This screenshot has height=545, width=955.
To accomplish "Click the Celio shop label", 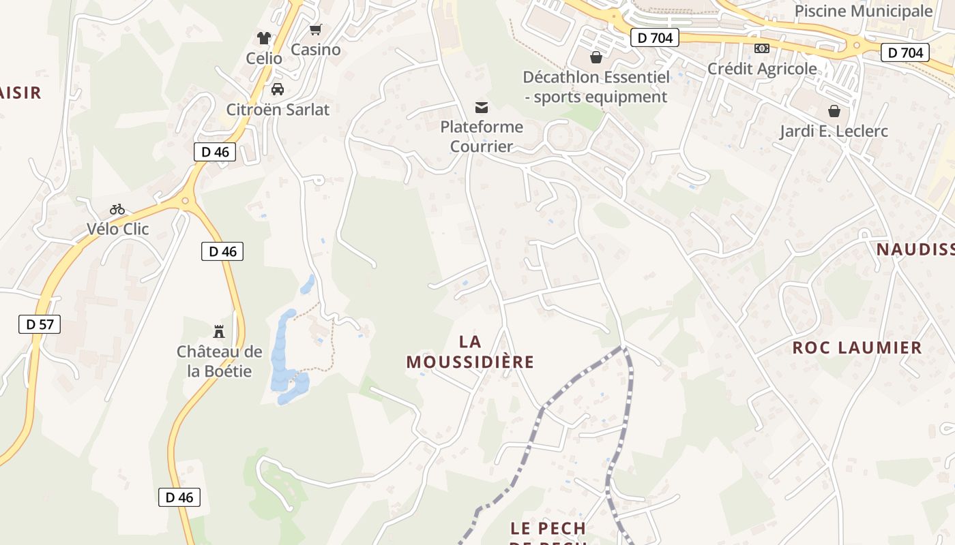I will pos(264,59).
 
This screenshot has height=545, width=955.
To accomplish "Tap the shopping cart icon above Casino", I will pos(315,30).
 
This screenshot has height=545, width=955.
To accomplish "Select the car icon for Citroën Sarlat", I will pos(278,89).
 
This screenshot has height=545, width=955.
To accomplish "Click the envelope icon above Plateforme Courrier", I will pos(482,107).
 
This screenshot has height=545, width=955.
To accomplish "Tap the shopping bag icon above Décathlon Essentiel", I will pos(596,57).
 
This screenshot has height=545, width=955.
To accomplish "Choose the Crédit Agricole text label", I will pos(762,69).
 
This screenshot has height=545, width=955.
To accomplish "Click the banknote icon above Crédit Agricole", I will pos(762,48).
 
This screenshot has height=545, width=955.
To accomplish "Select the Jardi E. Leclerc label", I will pos(834,131).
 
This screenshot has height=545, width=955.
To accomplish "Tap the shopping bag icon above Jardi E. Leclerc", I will pos(834,111).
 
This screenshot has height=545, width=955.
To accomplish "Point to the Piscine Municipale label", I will pos(864,11).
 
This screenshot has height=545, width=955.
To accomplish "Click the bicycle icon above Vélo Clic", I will pos(117,209).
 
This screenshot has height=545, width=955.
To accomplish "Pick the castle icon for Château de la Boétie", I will pos(219,332).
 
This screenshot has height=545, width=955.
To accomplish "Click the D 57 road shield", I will pos(40,324).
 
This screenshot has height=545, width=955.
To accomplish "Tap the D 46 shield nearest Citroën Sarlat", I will pos(215,152).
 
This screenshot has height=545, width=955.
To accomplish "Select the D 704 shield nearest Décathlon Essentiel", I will pos(655,38).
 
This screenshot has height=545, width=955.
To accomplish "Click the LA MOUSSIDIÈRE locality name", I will pos(470,352).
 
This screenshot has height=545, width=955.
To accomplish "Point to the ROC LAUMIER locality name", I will pos(857,348).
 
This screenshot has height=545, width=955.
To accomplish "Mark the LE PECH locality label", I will pos(548,529).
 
